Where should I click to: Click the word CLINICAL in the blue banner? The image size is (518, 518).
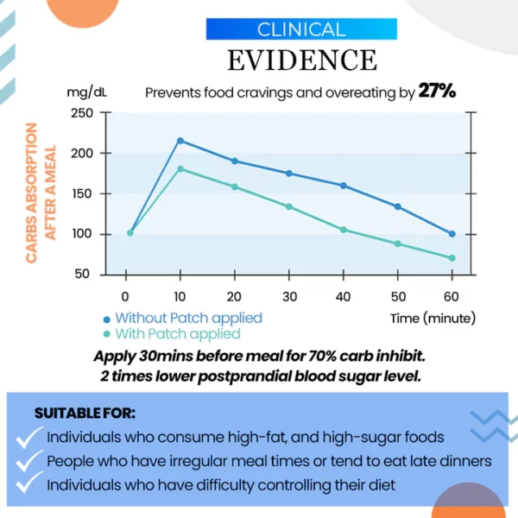[301, 29]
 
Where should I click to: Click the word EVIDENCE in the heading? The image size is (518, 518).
[301, 60]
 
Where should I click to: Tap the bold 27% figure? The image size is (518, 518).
[437, 92]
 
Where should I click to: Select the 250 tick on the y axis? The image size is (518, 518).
[82, 113]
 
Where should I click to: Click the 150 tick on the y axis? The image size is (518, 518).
[82, 193]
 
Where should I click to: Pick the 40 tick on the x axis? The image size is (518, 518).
[343, 294]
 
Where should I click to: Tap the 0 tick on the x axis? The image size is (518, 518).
[126, 294]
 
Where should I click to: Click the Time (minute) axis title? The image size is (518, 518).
[433, 318]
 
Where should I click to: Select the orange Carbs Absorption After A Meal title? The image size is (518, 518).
[40, 193]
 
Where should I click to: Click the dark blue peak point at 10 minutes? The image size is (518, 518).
[180, 141]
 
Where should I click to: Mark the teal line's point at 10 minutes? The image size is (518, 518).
[180, 169]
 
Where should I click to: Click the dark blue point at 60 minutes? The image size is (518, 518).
[452, 233]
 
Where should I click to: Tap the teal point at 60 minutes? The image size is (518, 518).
[452, 258]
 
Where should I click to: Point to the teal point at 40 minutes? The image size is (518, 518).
[343, 230]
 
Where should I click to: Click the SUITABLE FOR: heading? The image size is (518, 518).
[85, 414]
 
